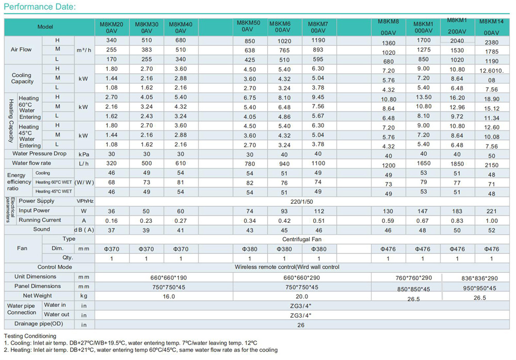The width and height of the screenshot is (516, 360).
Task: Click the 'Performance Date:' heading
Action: coord(40,7)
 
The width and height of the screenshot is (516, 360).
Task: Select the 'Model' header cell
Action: coord(45,27)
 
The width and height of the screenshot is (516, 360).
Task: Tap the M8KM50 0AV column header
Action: coord(249,26)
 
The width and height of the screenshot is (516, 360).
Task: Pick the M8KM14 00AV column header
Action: coord(491,27)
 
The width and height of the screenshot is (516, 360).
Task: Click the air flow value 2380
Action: coord(492,42)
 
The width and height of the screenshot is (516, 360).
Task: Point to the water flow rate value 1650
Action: coord(424,163)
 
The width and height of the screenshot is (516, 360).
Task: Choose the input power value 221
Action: coord(491,211)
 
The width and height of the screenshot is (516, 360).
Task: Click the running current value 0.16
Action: coord(111,221)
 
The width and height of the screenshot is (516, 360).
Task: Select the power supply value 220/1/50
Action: coord(301,202)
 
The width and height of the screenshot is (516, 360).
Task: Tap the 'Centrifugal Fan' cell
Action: coord(302,239)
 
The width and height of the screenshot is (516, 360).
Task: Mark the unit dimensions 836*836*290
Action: coord(479,279)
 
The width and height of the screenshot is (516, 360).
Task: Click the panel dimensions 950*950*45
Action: coord(479,288)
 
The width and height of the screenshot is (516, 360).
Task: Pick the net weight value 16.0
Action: coord(169,297)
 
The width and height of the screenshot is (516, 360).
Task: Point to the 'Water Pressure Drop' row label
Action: coord(40,154)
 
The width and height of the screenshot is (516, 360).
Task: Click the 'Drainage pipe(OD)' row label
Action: coord(39,324)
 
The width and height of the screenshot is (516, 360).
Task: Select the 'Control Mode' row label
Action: coord(55,267)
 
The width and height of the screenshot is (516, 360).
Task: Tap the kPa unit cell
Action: coord(84,154)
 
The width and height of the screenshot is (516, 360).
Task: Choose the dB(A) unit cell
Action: coord(84,230)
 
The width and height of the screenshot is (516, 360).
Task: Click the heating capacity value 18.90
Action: coord(492,99)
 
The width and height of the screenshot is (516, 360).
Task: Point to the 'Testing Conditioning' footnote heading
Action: coord(30,336)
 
